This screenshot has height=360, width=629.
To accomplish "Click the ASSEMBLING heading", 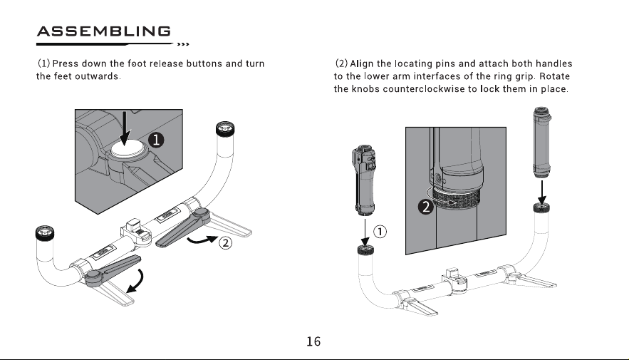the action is click(104, 31).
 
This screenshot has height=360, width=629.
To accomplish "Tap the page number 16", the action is click(313, 341).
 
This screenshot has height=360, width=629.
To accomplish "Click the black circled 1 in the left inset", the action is click(156, 140).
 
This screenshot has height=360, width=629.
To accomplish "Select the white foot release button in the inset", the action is click(126, 149).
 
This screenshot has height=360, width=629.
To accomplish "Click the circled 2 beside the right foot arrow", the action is click(225, 243).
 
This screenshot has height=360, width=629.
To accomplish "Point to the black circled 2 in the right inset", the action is click(425, 207).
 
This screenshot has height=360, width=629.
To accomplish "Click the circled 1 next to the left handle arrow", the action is click(380, 232).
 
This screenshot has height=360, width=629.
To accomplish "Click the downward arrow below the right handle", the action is click(541, 192).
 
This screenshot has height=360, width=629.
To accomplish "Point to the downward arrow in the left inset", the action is click(125, 128).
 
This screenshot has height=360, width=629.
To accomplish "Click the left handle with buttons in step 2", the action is click(364, 180).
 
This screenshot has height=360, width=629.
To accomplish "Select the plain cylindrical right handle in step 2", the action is click(542, 142).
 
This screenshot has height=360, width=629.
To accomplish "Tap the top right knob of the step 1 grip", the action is click(225, 128).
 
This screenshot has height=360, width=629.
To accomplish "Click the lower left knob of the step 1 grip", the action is click(45, 233).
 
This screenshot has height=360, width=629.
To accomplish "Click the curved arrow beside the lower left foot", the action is click(136, 282).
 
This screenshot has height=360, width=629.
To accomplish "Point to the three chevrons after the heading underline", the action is click(183, 44).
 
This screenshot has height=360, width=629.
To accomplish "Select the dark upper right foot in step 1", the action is click(183, 227).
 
